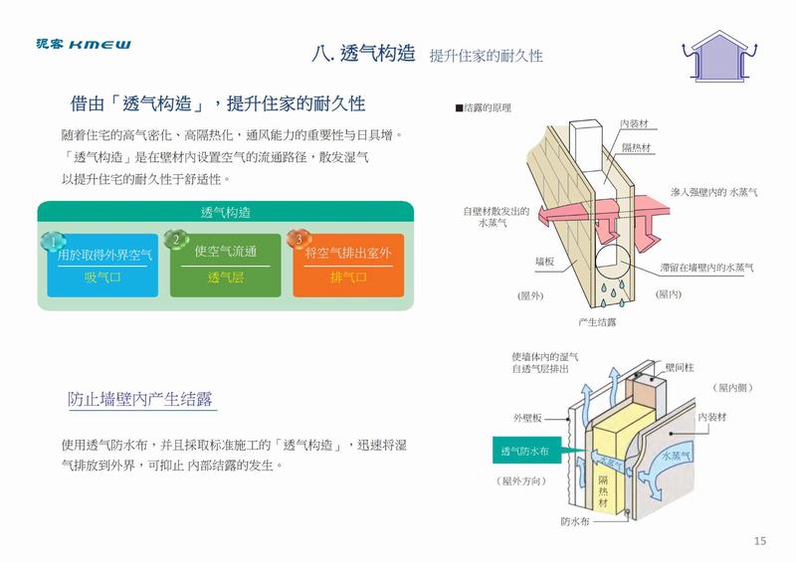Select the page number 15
[760, 540]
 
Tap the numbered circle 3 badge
[296, 241]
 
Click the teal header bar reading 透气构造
[225, 212]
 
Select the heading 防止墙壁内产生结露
[142, 400]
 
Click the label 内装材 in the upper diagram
[634, 123]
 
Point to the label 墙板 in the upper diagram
[543, 261]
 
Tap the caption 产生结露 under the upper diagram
[596, 322]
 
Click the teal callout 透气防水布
[525, 452]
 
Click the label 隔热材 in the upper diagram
[636, 147]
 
